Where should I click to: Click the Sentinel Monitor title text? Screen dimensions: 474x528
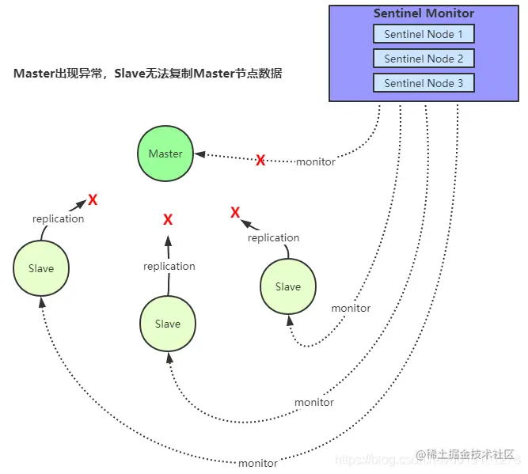point(424,13)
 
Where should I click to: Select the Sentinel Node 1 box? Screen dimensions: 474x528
point(424,34)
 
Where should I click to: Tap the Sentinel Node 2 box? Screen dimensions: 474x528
point(424,59)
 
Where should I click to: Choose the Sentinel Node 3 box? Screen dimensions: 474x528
point(424,83)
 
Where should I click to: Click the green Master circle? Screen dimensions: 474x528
point(165,154)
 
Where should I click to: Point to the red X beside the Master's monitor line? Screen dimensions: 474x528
point(260,161)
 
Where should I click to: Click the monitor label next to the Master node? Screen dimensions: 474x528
point(315,161)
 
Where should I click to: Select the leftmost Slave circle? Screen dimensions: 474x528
point(41,268)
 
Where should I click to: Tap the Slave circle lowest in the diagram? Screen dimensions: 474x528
point(168,324)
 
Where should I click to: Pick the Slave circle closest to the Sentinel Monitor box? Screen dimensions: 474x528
point(288,286)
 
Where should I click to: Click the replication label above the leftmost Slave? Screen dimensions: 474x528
point(58,218)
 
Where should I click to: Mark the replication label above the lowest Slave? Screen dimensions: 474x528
point(169,267)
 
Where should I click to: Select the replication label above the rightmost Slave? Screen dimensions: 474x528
point(273,237)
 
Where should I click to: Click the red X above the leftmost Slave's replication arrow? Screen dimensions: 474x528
point(93,199)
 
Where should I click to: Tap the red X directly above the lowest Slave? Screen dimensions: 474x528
point(168,219)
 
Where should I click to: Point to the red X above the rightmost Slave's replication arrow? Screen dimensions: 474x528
point(235,213)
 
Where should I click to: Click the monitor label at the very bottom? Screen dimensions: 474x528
point(257,463)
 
